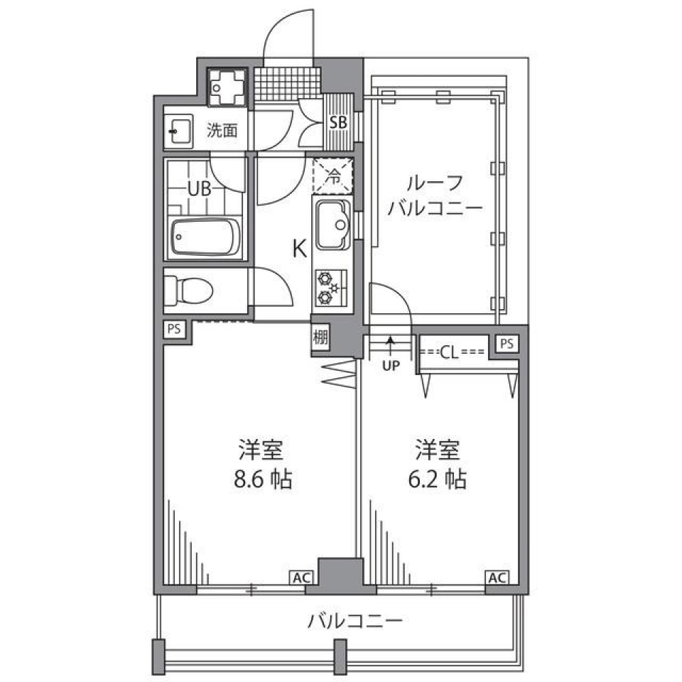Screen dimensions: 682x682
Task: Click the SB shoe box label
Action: (x=338, y=122)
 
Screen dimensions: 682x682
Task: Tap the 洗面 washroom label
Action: (x=222, y=131)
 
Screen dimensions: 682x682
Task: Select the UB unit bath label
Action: (x=198, y=189)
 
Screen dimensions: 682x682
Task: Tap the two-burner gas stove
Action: (x=329, y=287)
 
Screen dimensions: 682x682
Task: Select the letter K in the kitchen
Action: (x=300, y=249)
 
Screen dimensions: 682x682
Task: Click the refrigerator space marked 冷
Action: (x=332, y=175)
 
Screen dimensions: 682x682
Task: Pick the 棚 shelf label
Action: (x=320, y=337)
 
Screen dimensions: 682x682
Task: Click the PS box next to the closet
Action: (x=506, y=344)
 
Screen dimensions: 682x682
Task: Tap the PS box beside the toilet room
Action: (x=174, y=330)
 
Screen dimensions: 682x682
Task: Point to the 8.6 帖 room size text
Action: (x=263, y=480)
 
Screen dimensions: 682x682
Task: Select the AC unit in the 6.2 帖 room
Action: (x=497, y=578)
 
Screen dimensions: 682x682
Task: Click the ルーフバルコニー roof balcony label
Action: (x=435, y=195)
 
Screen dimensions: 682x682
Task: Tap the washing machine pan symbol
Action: (x=227, y=87)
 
